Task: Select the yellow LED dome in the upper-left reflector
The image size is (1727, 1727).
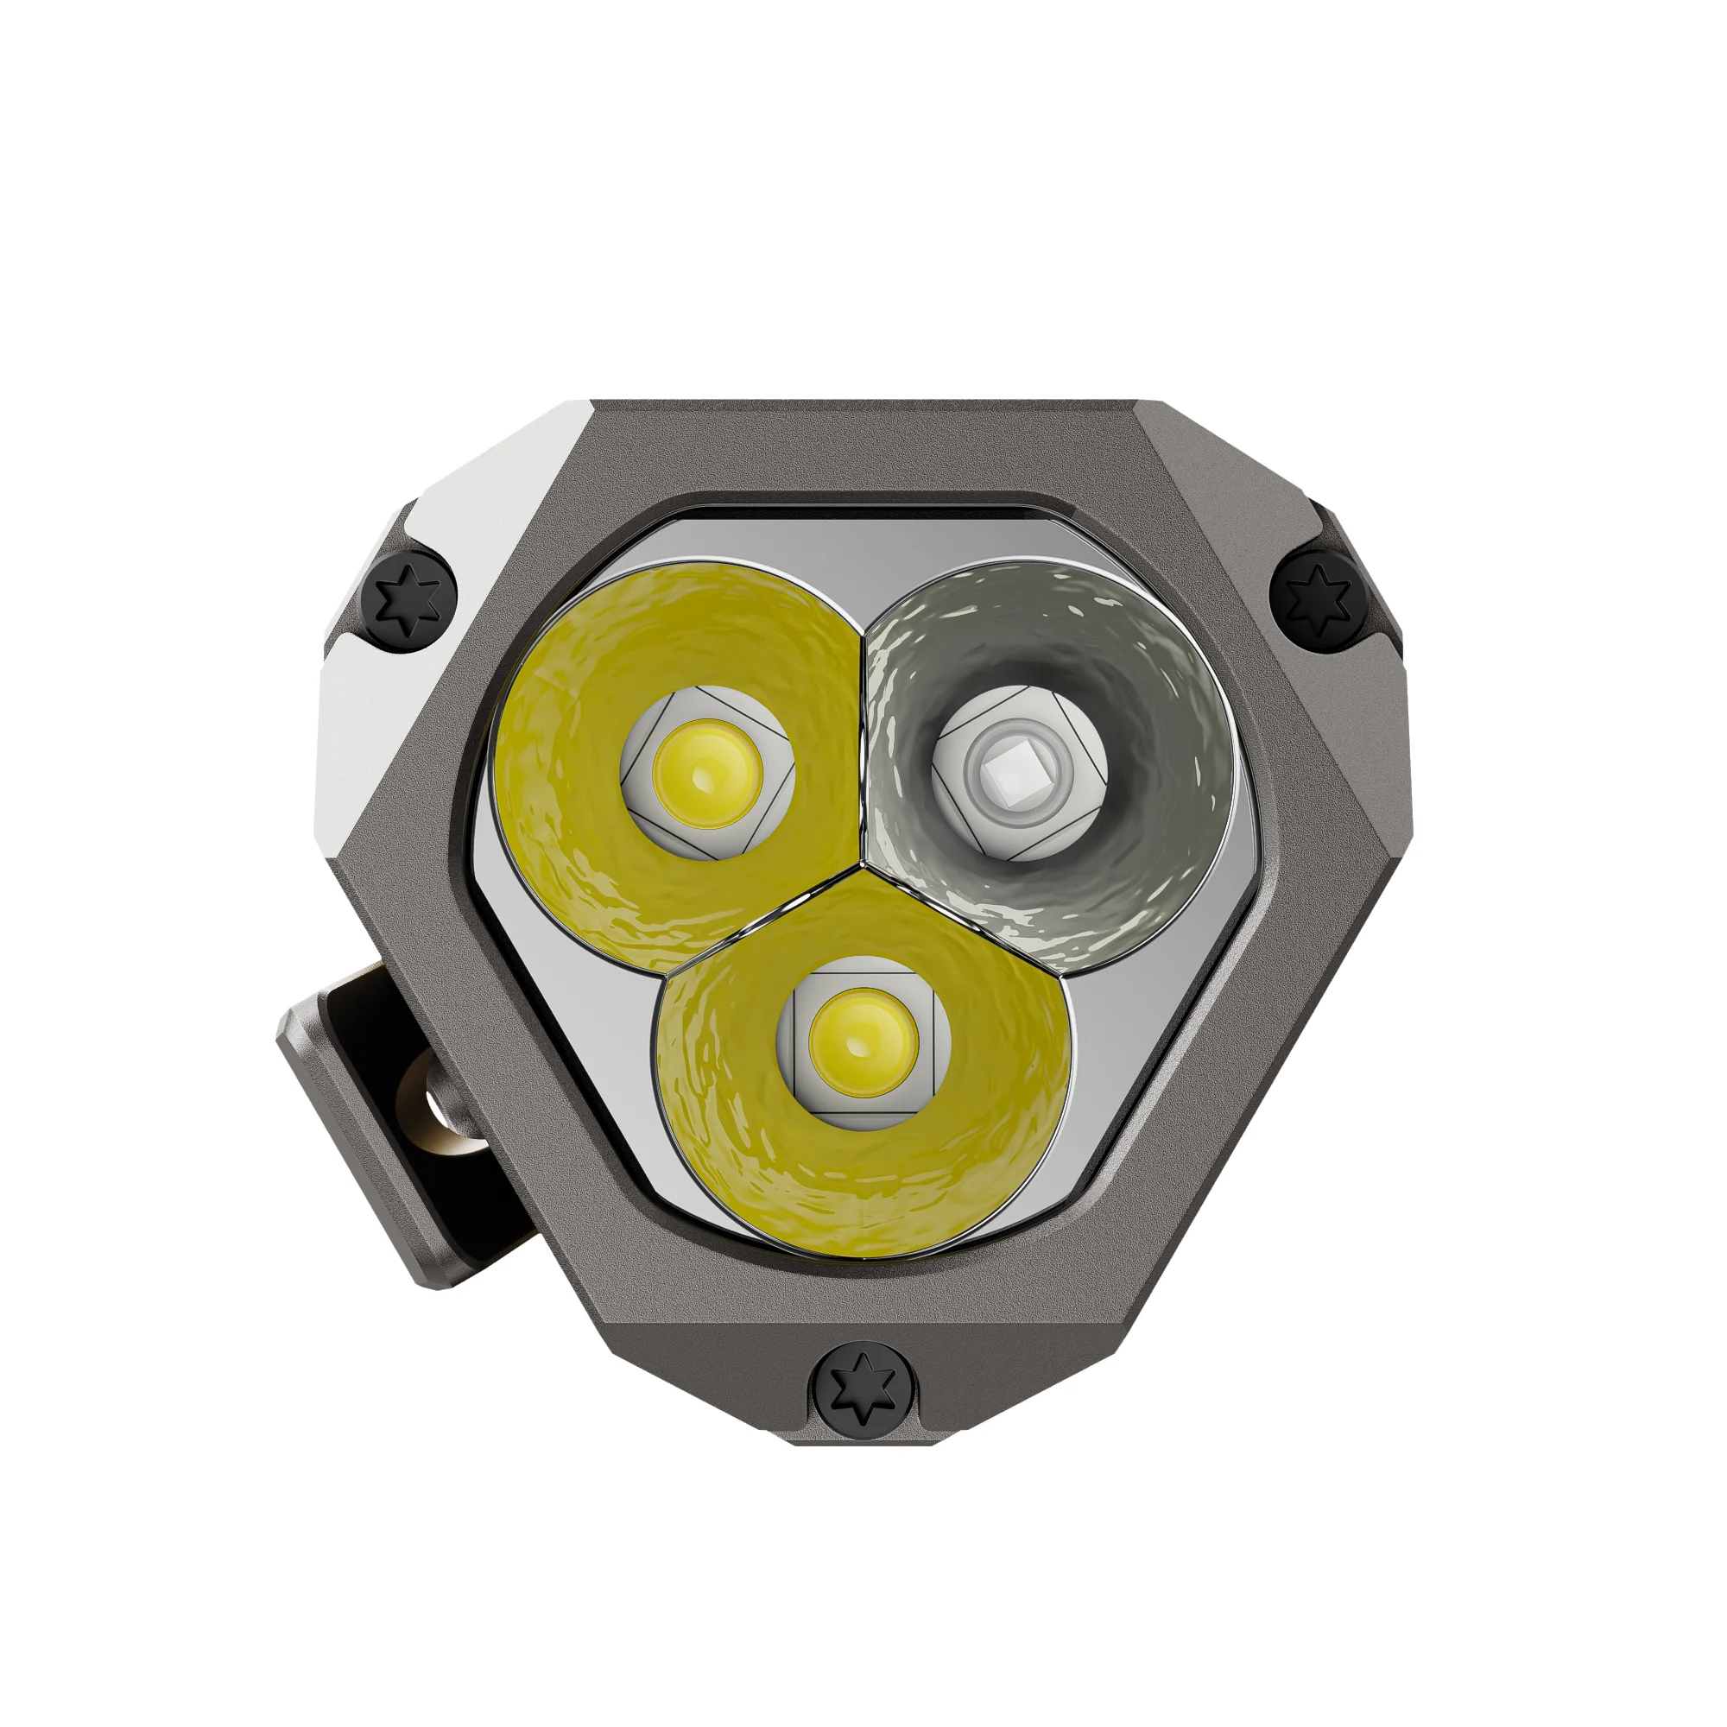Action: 707,772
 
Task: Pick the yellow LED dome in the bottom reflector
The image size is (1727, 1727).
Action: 863,1042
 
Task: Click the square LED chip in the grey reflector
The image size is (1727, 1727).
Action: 1019,772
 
